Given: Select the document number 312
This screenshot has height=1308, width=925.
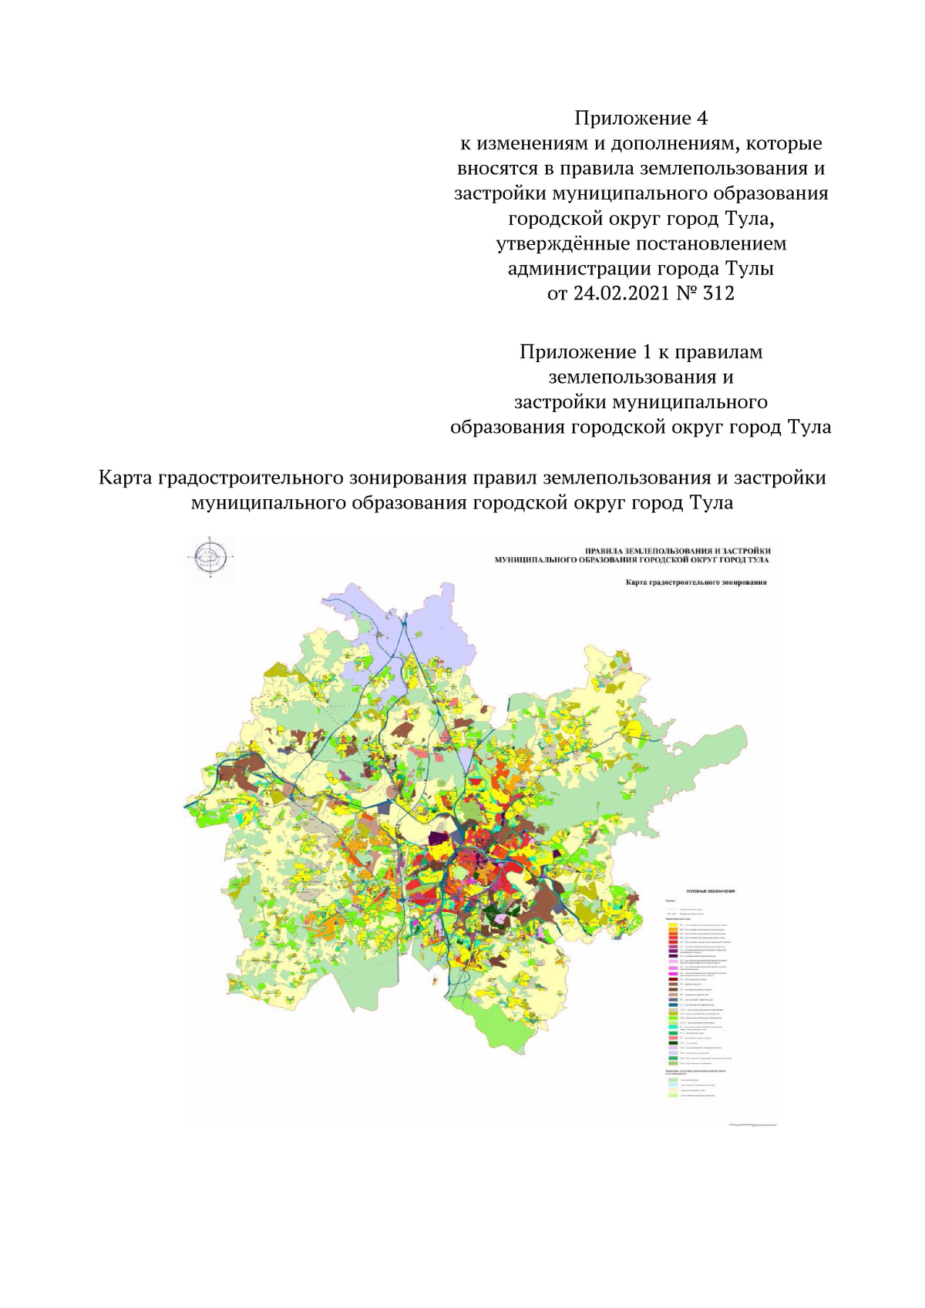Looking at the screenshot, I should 718,293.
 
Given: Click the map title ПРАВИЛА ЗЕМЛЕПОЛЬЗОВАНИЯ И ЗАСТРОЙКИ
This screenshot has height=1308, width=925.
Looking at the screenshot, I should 678,550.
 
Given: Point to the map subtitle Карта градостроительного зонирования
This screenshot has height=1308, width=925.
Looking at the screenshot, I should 695,582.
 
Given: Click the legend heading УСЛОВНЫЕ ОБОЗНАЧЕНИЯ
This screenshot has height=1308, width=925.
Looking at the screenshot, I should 710,890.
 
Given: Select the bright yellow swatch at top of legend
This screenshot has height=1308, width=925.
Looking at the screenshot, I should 673,924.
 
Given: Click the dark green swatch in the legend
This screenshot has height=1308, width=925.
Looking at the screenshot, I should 673,1044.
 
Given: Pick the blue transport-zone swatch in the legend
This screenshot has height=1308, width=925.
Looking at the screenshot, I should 673,1005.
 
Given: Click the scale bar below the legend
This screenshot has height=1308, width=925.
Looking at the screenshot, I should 752,1125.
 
